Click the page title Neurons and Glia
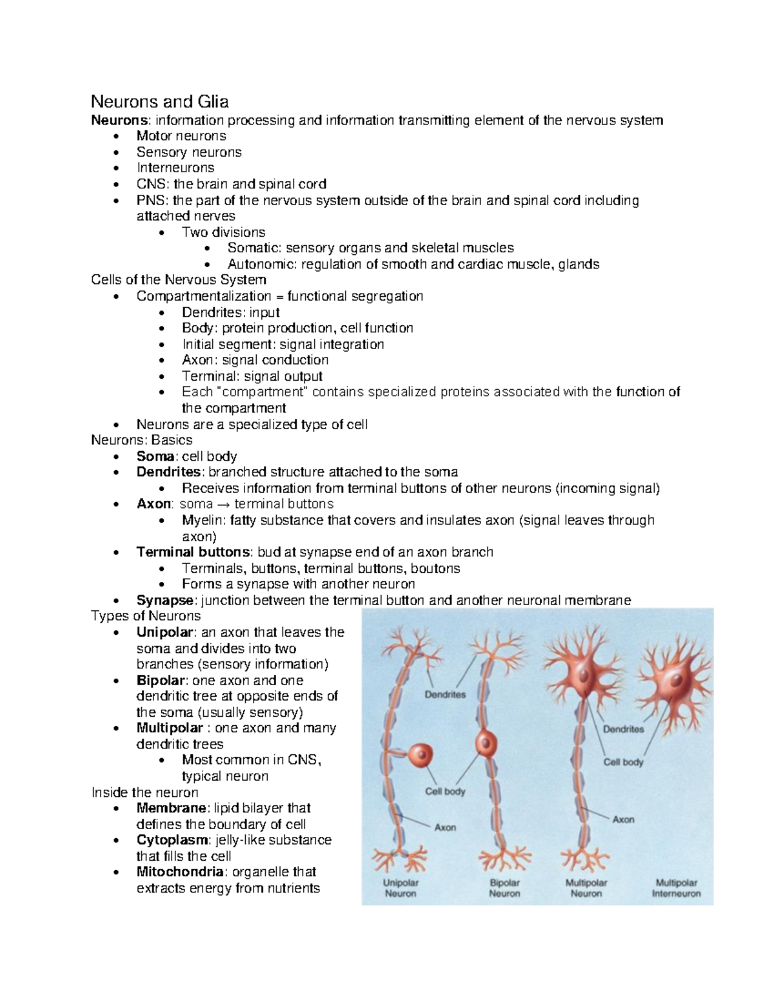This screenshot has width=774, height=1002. [159, 102]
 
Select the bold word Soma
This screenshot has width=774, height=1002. [155, 456]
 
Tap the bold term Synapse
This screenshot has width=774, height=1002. [165, 600]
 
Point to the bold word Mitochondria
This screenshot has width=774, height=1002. [180, 872]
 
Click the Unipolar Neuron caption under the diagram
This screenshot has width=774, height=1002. [401, 888]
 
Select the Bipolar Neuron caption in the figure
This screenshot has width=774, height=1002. [504, 888]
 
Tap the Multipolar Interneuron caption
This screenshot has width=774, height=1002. [676, 888]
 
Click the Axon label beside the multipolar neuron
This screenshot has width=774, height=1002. [623, 819]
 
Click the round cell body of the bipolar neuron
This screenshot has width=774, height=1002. [487, 743]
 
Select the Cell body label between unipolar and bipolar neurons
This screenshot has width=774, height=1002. [445, 791]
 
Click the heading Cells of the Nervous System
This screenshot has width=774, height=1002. [179, 280]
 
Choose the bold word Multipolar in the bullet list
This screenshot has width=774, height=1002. [170, 728]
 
